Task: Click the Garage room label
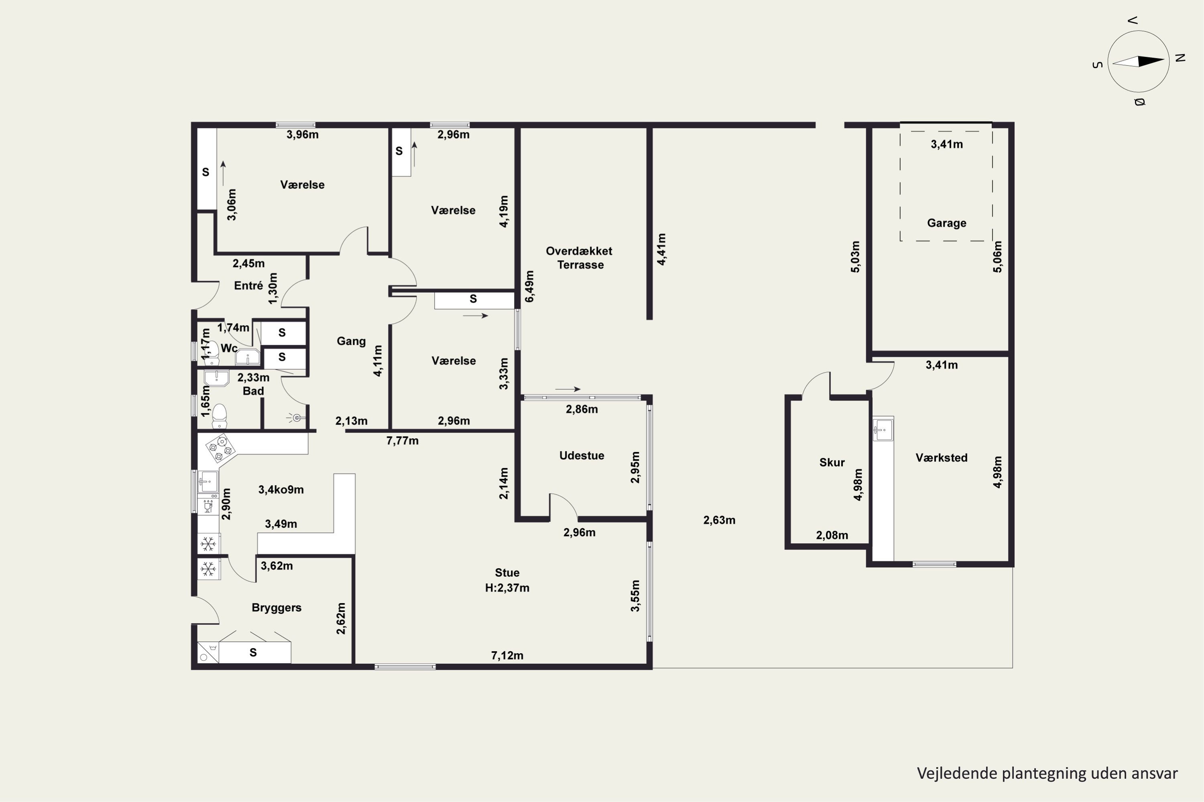tap(946, 223)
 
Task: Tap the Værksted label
tap(942, 458)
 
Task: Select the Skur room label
tap(832, 462)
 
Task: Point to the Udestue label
tap(582, 456)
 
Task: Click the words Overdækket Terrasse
tap(579, 258)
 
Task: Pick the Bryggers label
tap(277, 608)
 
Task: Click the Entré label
tap(248, 286)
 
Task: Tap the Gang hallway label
tap(351, 341)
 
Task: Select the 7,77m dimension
tap(403, 440)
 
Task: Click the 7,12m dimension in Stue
tap(507, 655)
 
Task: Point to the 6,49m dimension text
tap(529, 286)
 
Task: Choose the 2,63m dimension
tap(719, 520)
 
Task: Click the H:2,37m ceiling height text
tap(507, 588)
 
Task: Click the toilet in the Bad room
tap(220, 416)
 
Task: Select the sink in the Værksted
tap(883, 429)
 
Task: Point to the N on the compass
tap(1180, 58)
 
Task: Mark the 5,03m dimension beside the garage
tap(855, 257)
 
